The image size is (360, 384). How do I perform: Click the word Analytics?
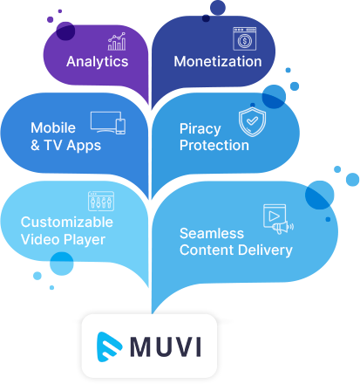tap(98, 62)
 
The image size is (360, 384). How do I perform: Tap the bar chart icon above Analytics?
tap(117, 42)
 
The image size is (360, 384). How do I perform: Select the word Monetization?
tap(218, 62)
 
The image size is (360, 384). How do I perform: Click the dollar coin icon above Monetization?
tap(245, 38)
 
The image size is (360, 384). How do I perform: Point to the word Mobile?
tap(53, 127)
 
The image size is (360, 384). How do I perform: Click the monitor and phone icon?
tap(108, 123)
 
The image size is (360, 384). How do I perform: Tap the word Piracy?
tap(200, 129)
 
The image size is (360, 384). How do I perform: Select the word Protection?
tap(214, 145)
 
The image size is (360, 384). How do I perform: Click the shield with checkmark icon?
tap(252, 121)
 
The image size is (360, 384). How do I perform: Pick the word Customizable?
tap(67, 223)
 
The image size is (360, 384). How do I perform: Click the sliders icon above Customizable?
tap(101, 201)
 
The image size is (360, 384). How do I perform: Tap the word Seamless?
tap(212, 233)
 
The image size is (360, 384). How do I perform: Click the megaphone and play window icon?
tap(278, 219)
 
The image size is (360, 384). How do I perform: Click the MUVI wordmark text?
tap(166, 346)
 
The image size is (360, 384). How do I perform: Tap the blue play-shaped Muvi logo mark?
tap(109, 346)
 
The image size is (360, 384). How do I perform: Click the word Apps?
tap(84, 146)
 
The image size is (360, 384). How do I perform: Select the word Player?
tap(85, 240)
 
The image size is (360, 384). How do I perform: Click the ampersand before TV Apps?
tap(35, 145)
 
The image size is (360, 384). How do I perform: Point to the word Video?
tap(40, 239)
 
